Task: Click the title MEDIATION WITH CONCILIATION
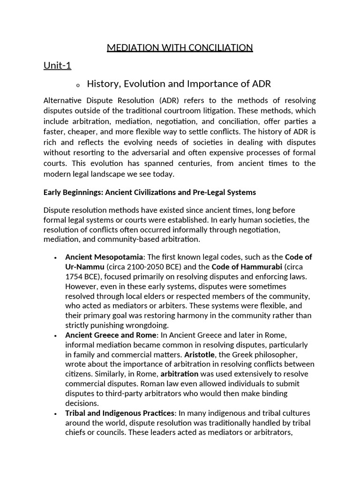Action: click(180, 47)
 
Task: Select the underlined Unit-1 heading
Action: click(57, 66)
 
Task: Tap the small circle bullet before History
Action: click(77, 85)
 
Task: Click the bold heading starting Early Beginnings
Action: click(150, 193)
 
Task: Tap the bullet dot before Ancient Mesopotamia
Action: click(56, 258)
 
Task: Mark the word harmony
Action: click(203, 315)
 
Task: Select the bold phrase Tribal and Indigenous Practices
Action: click(120, 413)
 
